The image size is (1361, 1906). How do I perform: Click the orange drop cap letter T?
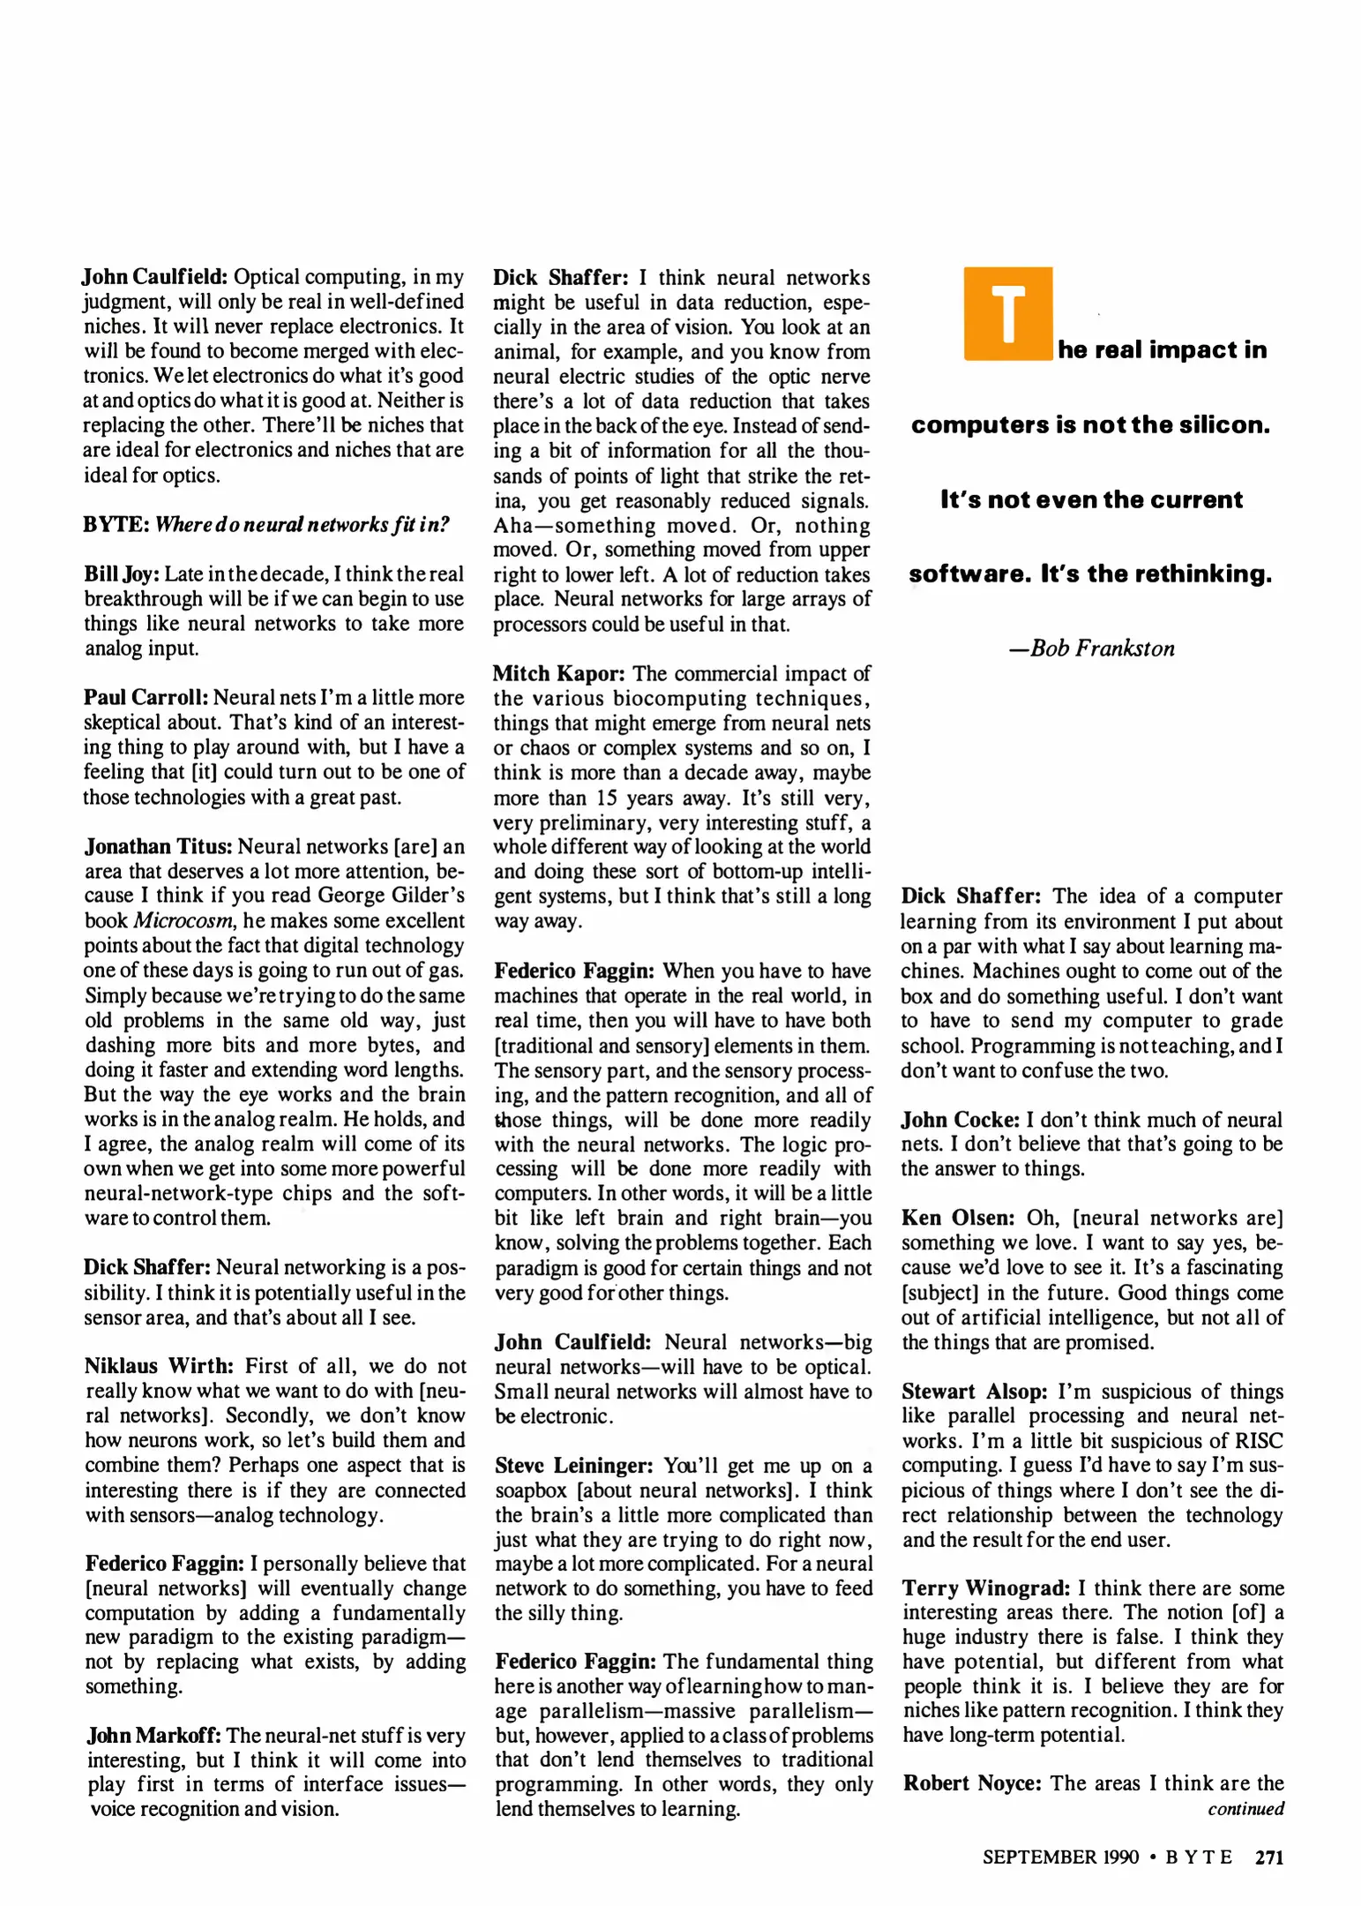tap(1007, 313)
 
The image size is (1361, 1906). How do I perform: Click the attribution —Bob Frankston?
tap(1092, 649)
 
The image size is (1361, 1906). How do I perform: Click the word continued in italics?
tap(1245, 1808)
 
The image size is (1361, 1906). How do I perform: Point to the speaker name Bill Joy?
tap(121, 574)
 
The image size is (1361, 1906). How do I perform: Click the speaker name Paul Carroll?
tap(146, 698)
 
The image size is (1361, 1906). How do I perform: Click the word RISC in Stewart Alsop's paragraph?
tap(1257, 1441)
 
